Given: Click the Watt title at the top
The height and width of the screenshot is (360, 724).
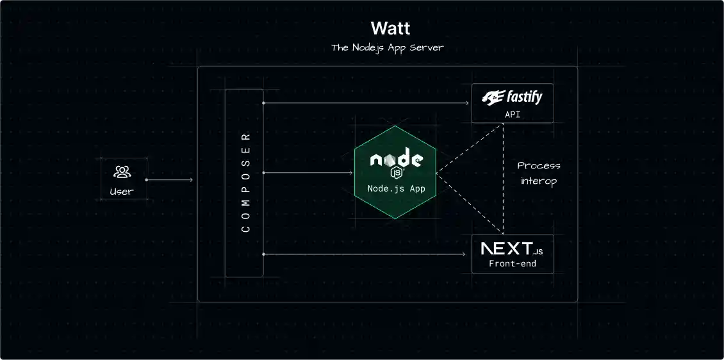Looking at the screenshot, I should pos(390,29).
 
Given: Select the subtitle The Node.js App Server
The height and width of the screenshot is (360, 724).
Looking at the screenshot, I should pos(387,48).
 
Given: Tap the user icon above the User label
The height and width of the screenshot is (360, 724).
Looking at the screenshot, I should pos(122,172).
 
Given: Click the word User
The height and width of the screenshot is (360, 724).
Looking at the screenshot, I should pos(122,191).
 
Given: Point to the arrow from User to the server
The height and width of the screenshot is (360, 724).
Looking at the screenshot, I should pos(170,180).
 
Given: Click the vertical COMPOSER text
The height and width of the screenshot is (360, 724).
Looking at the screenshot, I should pos(245,183).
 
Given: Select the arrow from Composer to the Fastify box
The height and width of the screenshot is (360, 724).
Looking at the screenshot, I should pos(365,102).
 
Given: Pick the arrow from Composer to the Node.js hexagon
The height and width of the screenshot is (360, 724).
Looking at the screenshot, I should pos(308,173).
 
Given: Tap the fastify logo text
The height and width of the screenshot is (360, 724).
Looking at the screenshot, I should pos(513,97).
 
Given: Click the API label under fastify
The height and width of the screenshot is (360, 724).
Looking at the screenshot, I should pos(512,114).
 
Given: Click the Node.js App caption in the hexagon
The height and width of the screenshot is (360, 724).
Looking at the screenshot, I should pos(396,189).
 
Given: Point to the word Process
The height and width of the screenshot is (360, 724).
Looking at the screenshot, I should pos(539,165).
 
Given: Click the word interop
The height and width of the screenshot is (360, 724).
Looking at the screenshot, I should pos(539,181).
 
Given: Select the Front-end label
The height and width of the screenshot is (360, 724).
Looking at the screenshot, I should pos(512,263).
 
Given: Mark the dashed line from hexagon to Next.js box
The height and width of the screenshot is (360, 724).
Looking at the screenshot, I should pos(470,204).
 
